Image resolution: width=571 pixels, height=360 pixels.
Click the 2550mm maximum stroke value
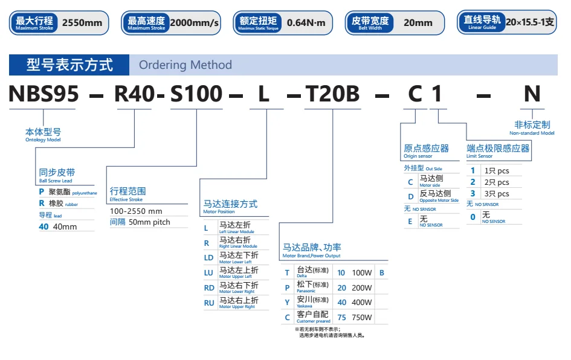tap(83, 23)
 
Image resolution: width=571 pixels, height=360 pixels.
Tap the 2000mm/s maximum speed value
tap(194, 23)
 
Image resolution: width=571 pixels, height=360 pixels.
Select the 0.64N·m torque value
tap(306, 23)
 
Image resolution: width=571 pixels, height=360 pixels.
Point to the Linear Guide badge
tap(482, 22)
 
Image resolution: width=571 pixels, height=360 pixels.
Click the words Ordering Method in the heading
tap(185, 65)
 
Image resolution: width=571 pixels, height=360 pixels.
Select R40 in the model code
tap(135, 94)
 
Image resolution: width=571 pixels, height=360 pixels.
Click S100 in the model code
tap(196, 94)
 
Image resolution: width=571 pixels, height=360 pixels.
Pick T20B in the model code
tap(332, 94)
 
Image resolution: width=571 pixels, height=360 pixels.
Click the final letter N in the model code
tap(531, 94)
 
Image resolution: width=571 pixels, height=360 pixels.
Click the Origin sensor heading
tap(426, 150)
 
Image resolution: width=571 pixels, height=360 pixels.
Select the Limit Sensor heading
tap(498, 150)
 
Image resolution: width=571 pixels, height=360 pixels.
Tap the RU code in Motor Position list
tap(209, 303)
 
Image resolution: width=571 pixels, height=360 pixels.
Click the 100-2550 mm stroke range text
tap(136, 211)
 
